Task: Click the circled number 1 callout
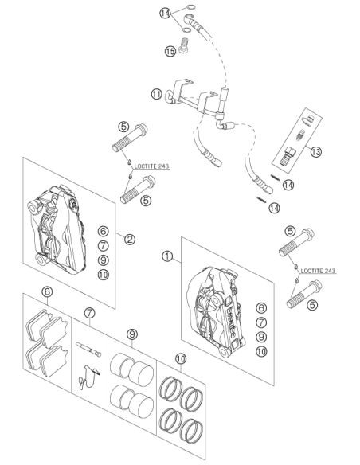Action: coord(167,256)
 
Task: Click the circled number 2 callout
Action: coord(130,239)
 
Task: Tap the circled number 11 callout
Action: coord(157,94)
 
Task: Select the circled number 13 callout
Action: coord(316,152)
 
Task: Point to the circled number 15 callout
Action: coord(170,51)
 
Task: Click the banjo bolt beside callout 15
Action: coord(184,46)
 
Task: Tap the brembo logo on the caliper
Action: coord(231,322)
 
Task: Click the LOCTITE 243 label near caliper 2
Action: coord(151,166)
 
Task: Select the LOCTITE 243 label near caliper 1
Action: coord(318,271)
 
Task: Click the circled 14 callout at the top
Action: coord(165,13)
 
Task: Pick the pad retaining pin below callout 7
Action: coord(88,349)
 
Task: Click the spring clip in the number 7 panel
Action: coord(89,377)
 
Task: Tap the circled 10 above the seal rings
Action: coord(181,358)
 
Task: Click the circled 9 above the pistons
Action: coord(132,334)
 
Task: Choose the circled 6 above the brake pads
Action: coord(47,291)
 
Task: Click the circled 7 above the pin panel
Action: coord(89,313)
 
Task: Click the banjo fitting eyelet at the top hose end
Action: coord(188,18)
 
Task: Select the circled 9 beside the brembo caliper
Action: coord(261,337)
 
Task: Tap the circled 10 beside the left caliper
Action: coord(104,275)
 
